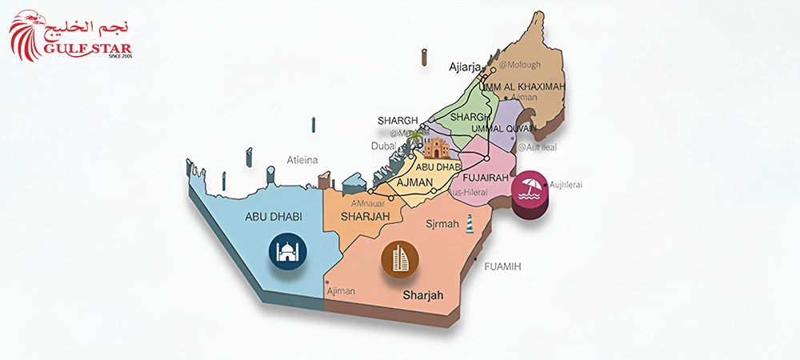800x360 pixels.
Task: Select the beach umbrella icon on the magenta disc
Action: [x=530, y=189]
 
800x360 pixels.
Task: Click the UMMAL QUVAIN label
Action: [x=503, y=128]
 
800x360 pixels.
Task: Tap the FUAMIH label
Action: [x=502, y=266]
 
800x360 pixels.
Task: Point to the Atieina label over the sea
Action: [x=302, y=160]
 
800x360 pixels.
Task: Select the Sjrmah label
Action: [x=442, y=224]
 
